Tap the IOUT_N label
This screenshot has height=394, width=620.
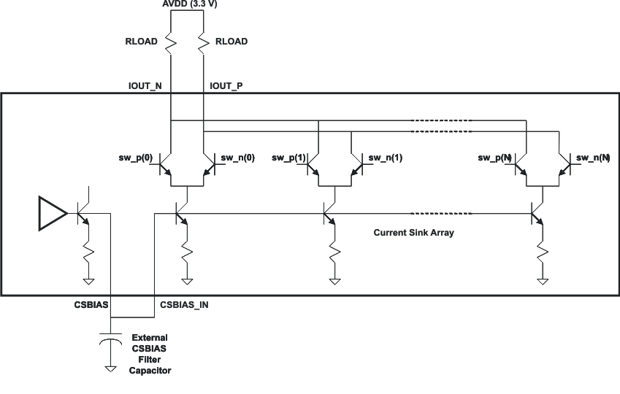(145, 86)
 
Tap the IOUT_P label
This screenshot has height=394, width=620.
(226, 86)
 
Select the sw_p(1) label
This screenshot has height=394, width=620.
(288, 158)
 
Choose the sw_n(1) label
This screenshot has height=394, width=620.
(385, 158)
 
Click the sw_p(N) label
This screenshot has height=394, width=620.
(495, 158)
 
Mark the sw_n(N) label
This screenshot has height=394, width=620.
(592, 158)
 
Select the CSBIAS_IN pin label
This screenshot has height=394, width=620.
(183, 304)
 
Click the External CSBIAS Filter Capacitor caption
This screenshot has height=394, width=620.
(149, 354)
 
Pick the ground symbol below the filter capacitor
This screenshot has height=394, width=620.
(110, 368)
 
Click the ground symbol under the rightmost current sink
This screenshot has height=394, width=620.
(541, 280)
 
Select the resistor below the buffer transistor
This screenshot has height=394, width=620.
(88, 252)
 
